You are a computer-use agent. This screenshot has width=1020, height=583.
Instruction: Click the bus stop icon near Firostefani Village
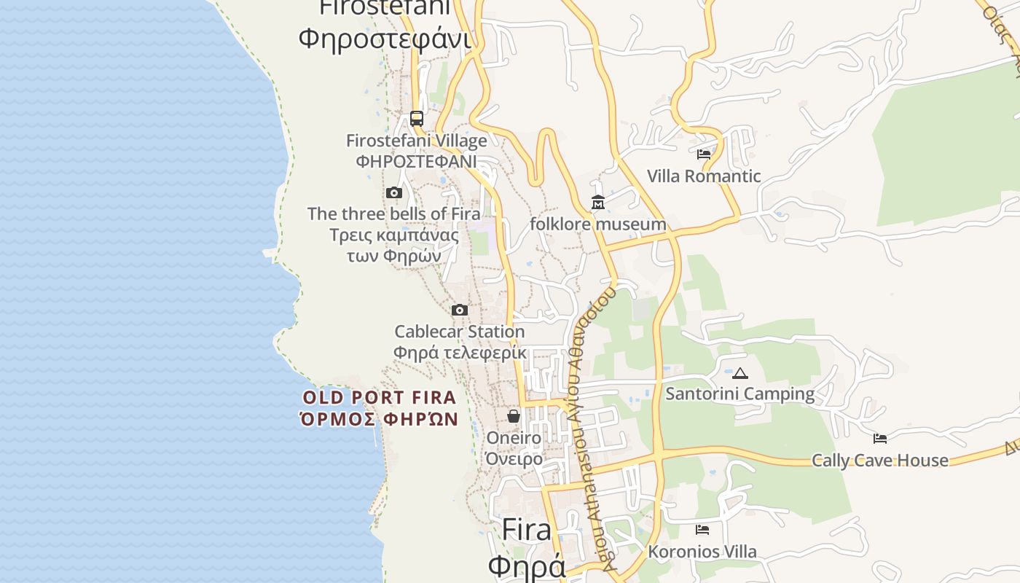(x=416, y=118)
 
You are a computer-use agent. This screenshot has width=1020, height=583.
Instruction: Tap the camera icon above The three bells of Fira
(x=394, y=193)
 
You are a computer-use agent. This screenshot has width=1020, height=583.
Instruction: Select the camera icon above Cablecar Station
(x=459, y=310)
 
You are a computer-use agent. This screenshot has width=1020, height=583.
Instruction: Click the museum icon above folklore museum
(x=598, y=203)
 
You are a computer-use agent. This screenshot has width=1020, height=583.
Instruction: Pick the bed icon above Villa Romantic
(x=703, y=154)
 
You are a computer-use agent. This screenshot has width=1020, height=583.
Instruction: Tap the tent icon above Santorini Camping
(x=740, y=374)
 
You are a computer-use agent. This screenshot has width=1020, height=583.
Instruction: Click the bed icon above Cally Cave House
(x=880, y=439)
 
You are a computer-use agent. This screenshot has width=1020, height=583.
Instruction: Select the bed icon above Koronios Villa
(x=702, y=530)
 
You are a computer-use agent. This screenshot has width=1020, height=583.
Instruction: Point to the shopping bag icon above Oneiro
(x=514, y=416)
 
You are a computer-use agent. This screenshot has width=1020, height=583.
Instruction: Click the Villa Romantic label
(x=704, y=176)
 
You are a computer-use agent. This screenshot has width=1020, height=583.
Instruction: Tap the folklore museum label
(x=597, y=224)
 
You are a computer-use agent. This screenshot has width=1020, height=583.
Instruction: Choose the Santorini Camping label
(x=740, y=394)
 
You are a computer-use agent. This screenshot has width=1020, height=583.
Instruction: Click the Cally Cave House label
(x=880, y=461)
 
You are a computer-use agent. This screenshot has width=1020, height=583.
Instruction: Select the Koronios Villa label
(x=702, y=552)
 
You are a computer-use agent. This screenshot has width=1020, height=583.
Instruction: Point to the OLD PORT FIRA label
(x=380, y=398)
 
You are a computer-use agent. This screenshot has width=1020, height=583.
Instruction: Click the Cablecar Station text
(x=459, y=332)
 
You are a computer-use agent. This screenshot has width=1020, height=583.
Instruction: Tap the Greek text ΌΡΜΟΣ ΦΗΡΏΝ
(x=380, y=419)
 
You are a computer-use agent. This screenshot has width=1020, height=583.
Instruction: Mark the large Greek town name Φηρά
(x=527, y=567)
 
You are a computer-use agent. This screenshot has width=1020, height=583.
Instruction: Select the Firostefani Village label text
(x=416, y=141)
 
